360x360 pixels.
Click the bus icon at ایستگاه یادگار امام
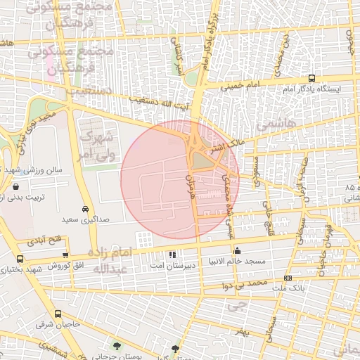(x=311, y=79)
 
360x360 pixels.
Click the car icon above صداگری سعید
(x=84, y=209)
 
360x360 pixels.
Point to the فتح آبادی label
(x=44, y=240)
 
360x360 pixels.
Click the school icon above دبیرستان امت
(x=172, y=254)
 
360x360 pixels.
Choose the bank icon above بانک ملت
(x=287, y=278)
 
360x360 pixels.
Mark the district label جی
(x=239, y=305)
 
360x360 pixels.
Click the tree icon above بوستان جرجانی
(x=117, y=346)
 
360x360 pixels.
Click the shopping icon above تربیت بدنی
(x=15, y=187)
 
